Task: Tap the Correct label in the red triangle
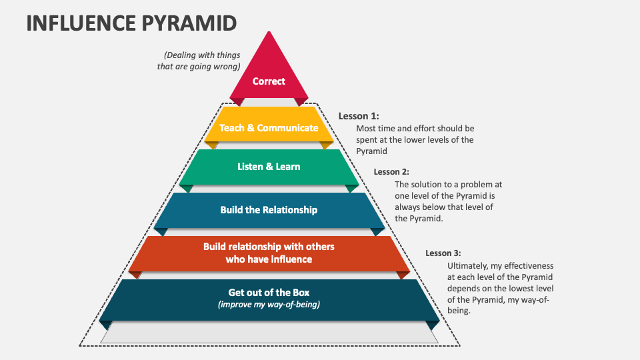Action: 269,81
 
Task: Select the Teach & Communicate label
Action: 269,128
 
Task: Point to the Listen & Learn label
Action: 269,167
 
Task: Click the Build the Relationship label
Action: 269,210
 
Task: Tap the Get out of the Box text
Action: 269,292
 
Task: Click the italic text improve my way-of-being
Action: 269,305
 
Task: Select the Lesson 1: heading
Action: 359,116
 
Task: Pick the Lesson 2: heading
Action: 391,172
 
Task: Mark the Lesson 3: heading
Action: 443,253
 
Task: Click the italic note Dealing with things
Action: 202,55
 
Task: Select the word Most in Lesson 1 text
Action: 365,129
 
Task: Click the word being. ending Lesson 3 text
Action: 459,311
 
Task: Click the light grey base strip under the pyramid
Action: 269,332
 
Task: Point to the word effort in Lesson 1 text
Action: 425,129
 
